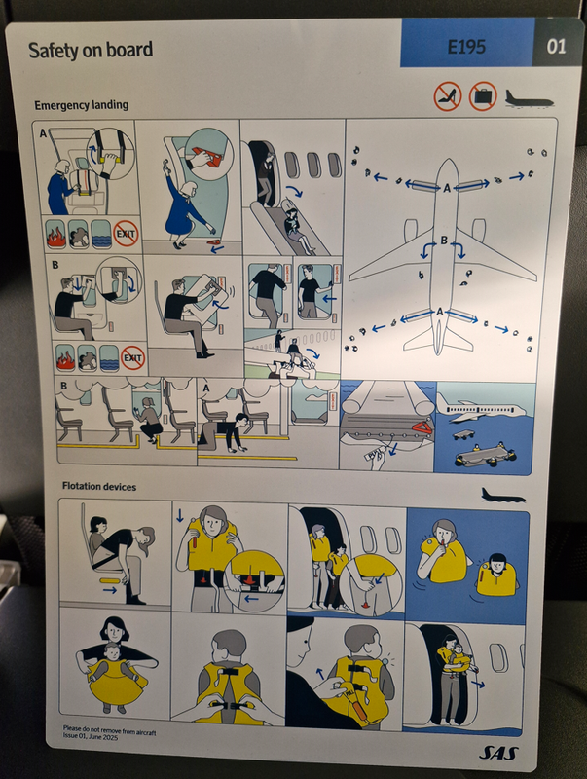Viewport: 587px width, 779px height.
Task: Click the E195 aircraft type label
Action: pos(466,47)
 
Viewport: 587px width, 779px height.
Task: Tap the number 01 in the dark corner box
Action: pos(556,47)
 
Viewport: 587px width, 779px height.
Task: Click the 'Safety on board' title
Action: pos(91,51)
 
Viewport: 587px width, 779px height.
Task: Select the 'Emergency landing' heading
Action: pos(82,105)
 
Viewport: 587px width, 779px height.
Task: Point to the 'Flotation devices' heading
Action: pos(99,486)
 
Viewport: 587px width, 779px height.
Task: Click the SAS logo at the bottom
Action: pos(498,753)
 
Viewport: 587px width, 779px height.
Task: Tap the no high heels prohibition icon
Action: pos(448,96)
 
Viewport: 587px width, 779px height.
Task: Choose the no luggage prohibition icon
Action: pos(483,95)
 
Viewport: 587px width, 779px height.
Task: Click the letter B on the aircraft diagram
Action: pos(444,241)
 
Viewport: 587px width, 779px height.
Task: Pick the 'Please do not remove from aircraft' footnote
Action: pos(109,729)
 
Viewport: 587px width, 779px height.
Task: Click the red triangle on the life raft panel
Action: pos(422,426)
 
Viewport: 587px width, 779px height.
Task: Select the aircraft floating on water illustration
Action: pos(480,410)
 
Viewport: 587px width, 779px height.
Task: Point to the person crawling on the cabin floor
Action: pos(224,430)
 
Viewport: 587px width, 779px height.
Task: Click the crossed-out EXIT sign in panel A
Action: pos(126,233)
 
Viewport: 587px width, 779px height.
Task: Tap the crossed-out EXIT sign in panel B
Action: pos(132,357)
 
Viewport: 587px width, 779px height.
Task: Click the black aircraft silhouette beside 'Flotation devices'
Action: pos(502,496)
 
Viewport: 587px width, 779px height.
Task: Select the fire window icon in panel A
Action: pos(55,234)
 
